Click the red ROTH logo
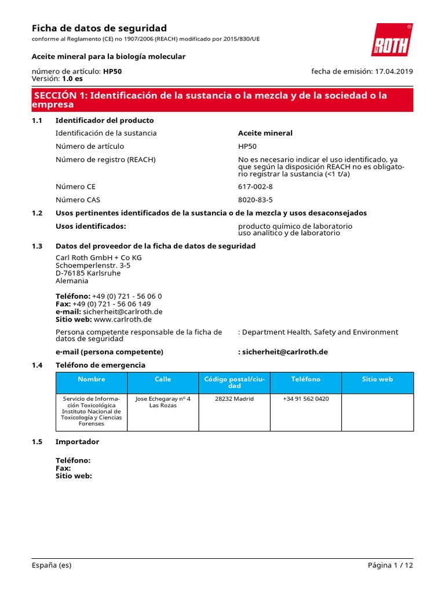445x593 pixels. coord(392,41)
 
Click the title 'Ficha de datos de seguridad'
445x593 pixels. coord(99,28)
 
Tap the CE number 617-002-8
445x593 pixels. coord(256,187)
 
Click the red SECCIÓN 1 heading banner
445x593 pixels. coord(222,100)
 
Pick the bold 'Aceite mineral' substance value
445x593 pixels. coord(265,133)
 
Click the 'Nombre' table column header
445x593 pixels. coord(91,379)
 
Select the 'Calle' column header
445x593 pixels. coord(163,379)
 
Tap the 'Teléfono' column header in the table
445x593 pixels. coord(305,379)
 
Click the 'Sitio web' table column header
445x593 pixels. coord(377,379)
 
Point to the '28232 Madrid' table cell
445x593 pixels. coord(234,399)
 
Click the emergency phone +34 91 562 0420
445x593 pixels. coord(305,399)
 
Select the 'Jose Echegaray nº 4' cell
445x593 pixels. coord(163,399)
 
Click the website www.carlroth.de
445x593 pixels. coord(123,319)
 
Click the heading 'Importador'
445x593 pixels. coord(77,442)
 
